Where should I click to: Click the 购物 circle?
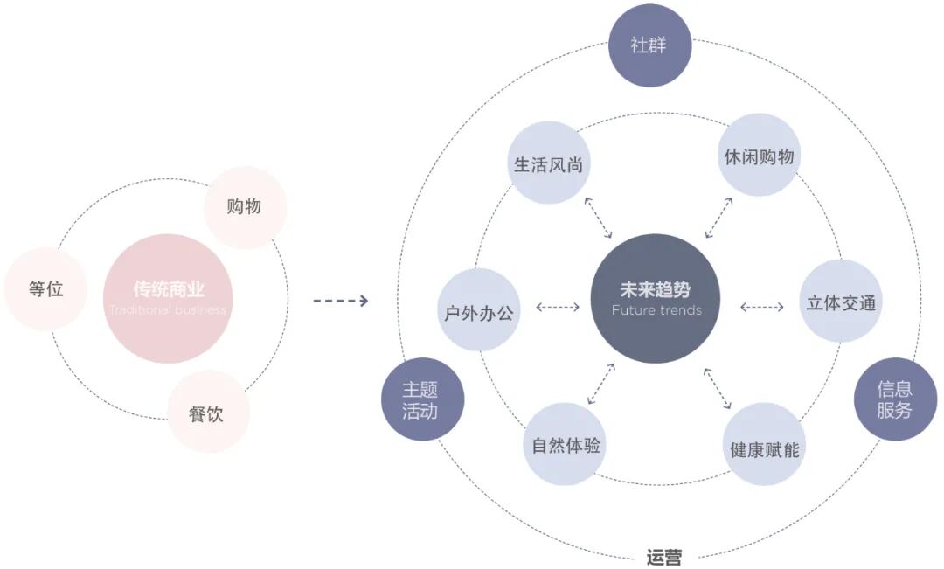pos(245,207)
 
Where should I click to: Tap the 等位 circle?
pos(45,289)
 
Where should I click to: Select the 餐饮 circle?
pos(208,412)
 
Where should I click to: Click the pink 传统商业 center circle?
pos(168,298)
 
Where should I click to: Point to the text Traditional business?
pos(168,310)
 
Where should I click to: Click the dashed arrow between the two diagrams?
pos(340,301)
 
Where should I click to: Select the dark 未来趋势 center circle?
pos(656,298)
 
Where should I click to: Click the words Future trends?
pos(656,310)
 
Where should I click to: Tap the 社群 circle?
pos(649,45)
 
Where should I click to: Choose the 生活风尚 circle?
pos(548,163)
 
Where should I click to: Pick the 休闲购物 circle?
pos(759,156)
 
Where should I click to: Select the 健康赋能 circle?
pos(765,447)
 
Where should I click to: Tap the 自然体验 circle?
pos(566,444)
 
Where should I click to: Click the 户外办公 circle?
pos(478,311)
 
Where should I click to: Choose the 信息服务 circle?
pos(894,399)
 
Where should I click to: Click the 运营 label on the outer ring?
pos(664,557)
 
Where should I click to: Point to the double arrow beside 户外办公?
pos(557,307)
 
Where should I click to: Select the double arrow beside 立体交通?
pos(761,307)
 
